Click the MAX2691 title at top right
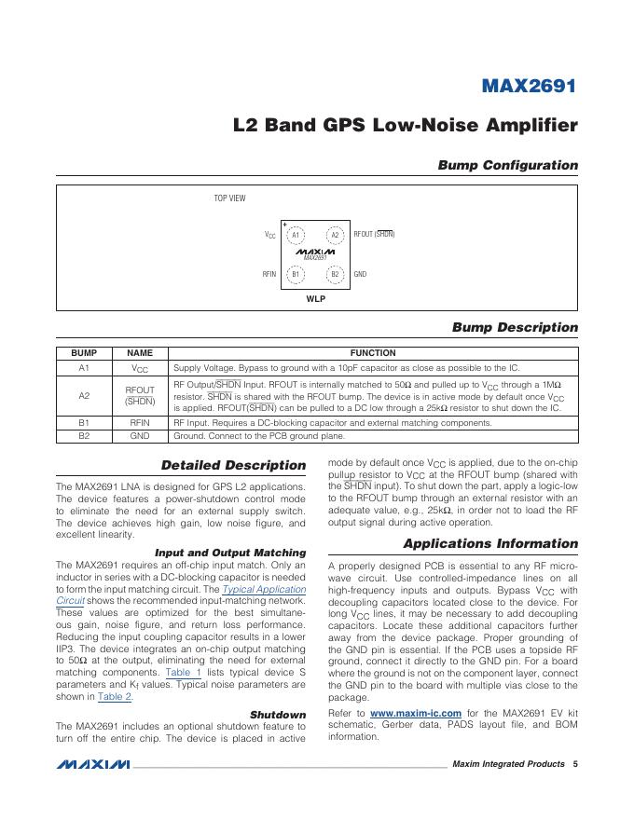click(x=529, y=87)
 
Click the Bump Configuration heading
click(x=508, y=165)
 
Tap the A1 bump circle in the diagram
click(x=295, y=235)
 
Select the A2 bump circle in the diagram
click(x=335, y=235)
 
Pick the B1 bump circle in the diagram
click(x=295, y=274)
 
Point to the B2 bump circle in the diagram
click(x=335, y=274)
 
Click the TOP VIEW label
click(x=230, y=198)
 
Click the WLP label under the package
click(x=315, y=300)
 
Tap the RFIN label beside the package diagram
click(x=269, y=274)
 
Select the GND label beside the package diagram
click(x=360, y=274)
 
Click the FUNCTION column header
click(x=373, y=353)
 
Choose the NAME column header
click(x=140, y=353)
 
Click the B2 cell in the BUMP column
click(x=84, y=435)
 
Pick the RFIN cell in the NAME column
click(x=140, y=422)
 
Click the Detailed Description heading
click(x=233, y=465)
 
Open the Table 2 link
click(x=116, y=696)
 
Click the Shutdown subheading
click(x=278, y=715)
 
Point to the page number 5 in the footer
click(x=575, y=764)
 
